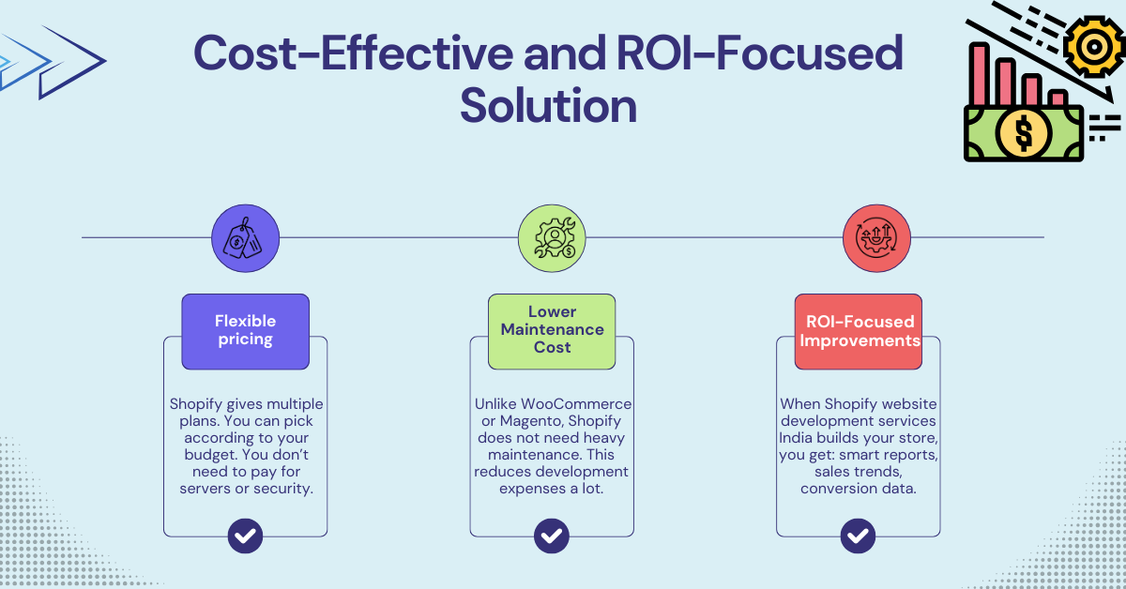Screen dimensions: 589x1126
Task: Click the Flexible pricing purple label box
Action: click(x=245, y=330)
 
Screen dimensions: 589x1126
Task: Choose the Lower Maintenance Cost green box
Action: click(x=552, y=330)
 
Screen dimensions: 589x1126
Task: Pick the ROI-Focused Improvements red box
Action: click(x=859, y=330)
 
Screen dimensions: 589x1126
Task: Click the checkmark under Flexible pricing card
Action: click(x=245, y=536)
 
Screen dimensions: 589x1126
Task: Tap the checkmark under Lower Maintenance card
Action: click(x=552, y=536)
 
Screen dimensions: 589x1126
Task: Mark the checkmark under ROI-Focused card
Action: click(x=858, y=536)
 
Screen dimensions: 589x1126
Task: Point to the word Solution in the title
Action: click(x=548, y=105)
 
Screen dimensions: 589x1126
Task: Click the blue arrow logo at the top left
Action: click(x=52, y=62)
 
